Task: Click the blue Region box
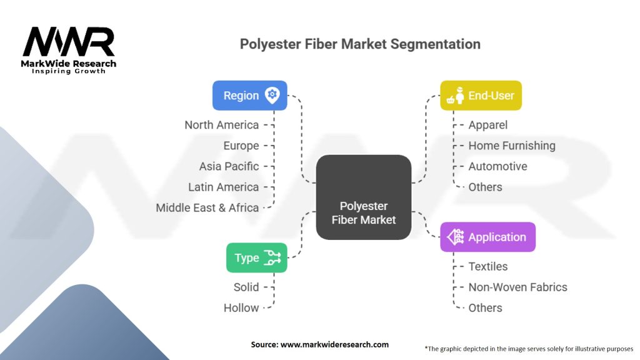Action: pos(249,96)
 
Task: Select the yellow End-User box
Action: pos(481,96)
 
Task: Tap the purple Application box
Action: pos(487,237)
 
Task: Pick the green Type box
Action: pos(256,257)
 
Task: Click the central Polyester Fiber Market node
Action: pos(363,197)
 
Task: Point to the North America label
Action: pos(221,125)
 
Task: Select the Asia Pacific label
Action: pos(229,166)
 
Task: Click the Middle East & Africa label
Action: pos(207,207)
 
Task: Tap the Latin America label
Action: pos(223,187)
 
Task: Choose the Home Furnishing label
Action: pos(512,146)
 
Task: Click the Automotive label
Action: pos(497,166)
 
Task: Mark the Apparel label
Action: pos(488,125)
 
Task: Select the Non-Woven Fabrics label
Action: pos(518,287)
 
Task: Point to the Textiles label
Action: pos(488,266)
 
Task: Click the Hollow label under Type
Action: pos(241,307)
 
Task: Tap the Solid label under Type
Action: pos(246,287)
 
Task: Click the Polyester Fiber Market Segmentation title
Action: pos(360,44)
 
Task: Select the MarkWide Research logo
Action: pos(69,50)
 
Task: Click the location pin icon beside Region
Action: pos(272,96)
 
